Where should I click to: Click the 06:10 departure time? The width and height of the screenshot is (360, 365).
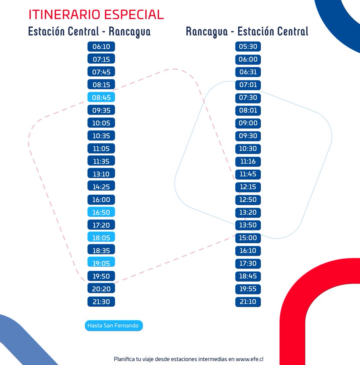[x=101, y=47]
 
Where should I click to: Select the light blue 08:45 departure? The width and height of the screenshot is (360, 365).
[x=101, y=98]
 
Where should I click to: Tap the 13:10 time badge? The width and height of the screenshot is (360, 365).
[x=101, y=174]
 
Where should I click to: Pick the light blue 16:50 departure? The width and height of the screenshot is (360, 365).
[x=101, y=212]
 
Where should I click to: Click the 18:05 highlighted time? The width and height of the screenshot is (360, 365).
[x=101, y=238]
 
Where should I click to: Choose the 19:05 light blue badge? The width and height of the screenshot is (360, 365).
[x=101, y=263]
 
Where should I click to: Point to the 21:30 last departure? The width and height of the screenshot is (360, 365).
[x=101, y=302]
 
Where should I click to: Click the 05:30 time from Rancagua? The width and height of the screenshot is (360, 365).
[x=248, y=47]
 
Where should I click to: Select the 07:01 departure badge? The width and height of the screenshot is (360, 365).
[x=248, y=85]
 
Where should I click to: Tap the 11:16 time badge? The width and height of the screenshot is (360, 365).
[x=248, y=161]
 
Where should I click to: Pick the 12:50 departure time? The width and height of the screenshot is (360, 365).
[x=248, y=200]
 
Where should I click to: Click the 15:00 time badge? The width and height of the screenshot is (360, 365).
[x=248, y=238]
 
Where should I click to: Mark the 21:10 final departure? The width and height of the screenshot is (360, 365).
[x=248, y=302]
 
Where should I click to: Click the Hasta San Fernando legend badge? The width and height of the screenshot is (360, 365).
[x=113, y=325]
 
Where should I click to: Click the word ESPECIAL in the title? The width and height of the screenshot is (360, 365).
[x=134, y=15]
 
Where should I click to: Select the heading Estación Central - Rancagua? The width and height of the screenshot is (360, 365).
[x=89, y=31]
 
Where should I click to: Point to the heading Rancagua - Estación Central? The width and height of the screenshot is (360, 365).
[x=247, y=31]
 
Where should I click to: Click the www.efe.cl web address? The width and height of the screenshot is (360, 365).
[x=250, y=359]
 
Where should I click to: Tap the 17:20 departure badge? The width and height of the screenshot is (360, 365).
[x=101, y=225]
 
